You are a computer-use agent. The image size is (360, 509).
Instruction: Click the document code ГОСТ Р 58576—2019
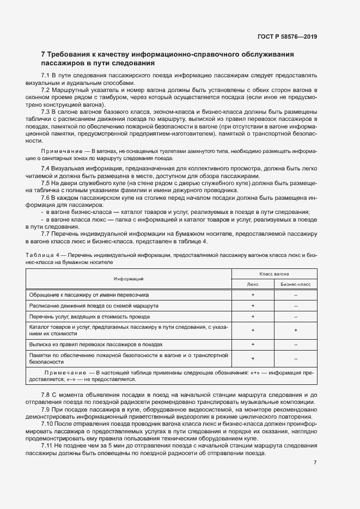coord(287,37)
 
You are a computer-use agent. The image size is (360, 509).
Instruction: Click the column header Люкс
coord(253,284)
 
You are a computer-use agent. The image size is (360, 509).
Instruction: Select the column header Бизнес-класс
coord(295,284)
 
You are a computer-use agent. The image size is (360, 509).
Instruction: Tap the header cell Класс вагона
coord(274,274)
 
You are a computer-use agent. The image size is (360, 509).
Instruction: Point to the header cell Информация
coord(129,279)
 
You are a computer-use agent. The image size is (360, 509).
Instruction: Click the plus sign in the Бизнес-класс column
coord(295,330)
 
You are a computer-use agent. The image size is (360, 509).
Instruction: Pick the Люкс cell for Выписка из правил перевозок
coord(253,344)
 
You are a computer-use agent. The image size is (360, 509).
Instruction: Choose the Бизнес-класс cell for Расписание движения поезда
coord(295,305)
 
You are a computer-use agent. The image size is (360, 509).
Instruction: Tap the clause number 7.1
coord(45,75)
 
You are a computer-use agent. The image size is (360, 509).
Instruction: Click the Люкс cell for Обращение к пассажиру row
coord(253,295)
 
